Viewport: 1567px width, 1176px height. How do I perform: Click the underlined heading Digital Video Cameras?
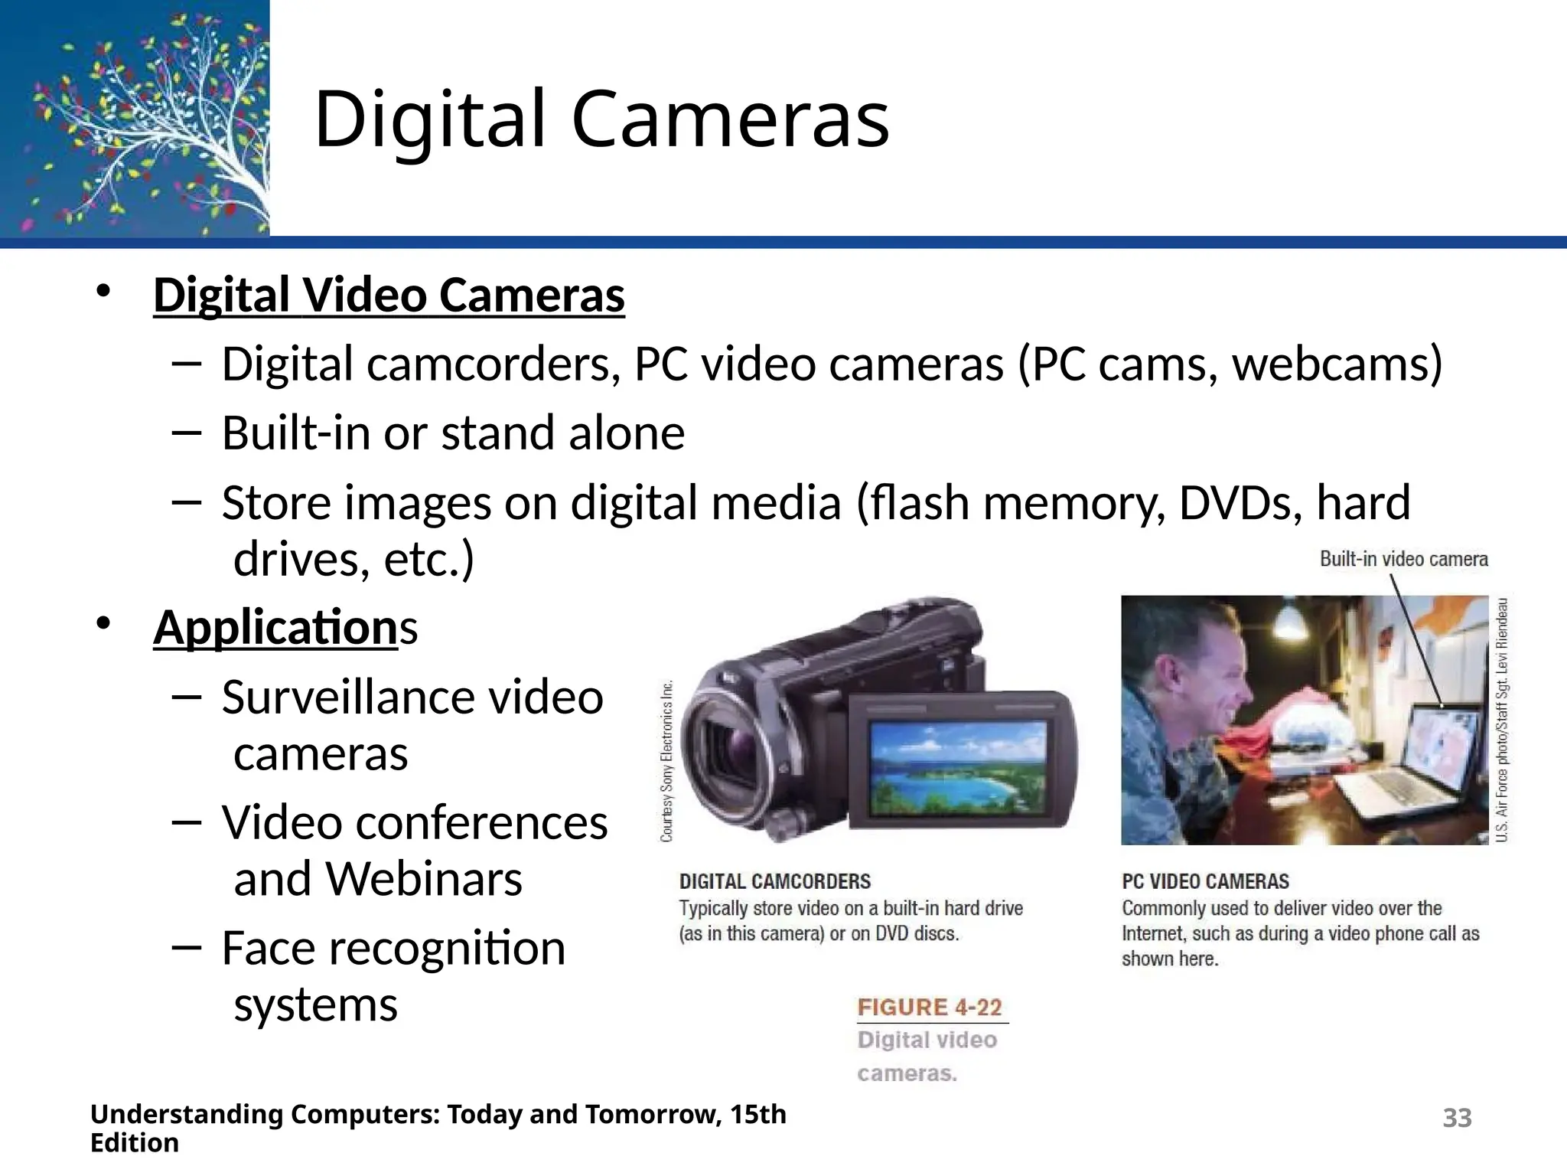389,295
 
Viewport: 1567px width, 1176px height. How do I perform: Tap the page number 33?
1457,1118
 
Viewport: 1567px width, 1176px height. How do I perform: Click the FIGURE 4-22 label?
930,1007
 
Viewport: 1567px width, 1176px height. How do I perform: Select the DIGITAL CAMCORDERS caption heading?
774,881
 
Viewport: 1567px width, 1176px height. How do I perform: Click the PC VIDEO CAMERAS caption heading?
1205,881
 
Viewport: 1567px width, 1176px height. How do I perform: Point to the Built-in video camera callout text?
1403,559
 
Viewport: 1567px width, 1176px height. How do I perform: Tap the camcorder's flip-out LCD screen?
958,759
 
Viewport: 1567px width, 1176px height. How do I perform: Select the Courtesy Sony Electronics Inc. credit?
667,761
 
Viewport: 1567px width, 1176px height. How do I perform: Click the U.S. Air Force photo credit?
1502,720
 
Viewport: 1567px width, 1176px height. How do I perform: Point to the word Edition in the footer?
135,1143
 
